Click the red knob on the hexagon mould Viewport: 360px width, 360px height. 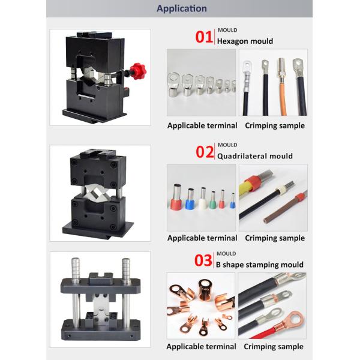click(x=138, y=71)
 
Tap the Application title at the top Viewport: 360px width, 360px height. click(x=182, y=8)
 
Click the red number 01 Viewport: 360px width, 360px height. click(x=203, y=37)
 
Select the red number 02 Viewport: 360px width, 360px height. click(x=205, y=152)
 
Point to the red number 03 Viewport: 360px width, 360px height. click(x=203, y=260)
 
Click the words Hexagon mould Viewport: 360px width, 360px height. click(x=245, y=41)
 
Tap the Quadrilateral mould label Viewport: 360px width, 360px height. click(x=255, y=156)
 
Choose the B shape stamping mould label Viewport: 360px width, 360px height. click(x=260, y=265)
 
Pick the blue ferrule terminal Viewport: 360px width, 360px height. click(x=190, y=199)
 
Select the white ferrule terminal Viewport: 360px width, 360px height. click(x=202, y=199)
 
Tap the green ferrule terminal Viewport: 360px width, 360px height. click(x=213, y=200)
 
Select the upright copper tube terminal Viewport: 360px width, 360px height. click(x=205, y=290)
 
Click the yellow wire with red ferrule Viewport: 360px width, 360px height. click(x=247, y=187)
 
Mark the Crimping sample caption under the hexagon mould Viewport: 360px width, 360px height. click(x=275, y=125)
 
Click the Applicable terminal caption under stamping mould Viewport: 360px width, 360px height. click(x=202, y=346)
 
